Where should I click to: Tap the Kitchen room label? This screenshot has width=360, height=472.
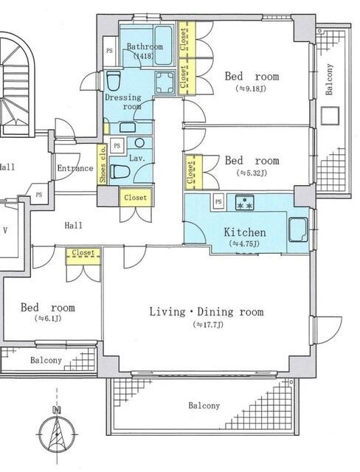[x=245, y=232]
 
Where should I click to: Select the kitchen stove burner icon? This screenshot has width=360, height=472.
[x=245, y=202]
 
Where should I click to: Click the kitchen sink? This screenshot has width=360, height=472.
[x=298, y=229]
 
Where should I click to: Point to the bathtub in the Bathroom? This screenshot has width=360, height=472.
[x=164, y=46]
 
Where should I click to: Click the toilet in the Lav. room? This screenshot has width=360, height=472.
[x=120, y=172]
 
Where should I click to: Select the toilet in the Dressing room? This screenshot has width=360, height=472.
[x=114, y=80]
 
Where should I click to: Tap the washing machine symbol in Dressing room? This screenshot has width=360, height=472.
[x=165, y=82]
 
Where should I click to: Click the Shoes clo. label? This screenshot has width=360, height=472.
[x=103, y=164]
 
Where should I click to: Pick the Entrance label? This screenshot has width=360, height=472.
[x=75, y=168]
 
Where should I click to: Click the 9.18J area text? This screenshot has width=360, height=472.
[x=252, y=88]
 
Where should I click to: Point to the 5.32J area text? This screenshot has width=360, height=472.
[x=252, y=173]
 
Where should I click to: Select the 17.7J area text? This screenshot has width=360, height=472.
[x=208, y=325]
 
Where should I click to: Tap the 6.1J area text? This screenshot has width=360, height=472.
[x=48, y=319]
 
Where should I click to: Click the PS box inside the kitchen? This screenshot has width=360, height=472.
[x=219, y=201]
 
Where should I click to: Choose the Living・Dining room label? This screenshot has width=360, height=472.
[x=207, y=311]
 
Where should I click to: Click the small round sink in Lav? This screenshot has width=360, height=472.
[x=139, y=142]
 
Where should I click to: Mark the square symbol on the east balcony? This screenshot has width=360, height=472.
[x=330, y=116]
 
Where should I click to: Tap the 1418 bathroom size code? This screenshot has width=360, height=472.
[x=144, y=56]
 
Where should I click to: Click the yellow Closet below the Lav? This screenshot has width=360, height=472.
[x=136, y=198]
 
